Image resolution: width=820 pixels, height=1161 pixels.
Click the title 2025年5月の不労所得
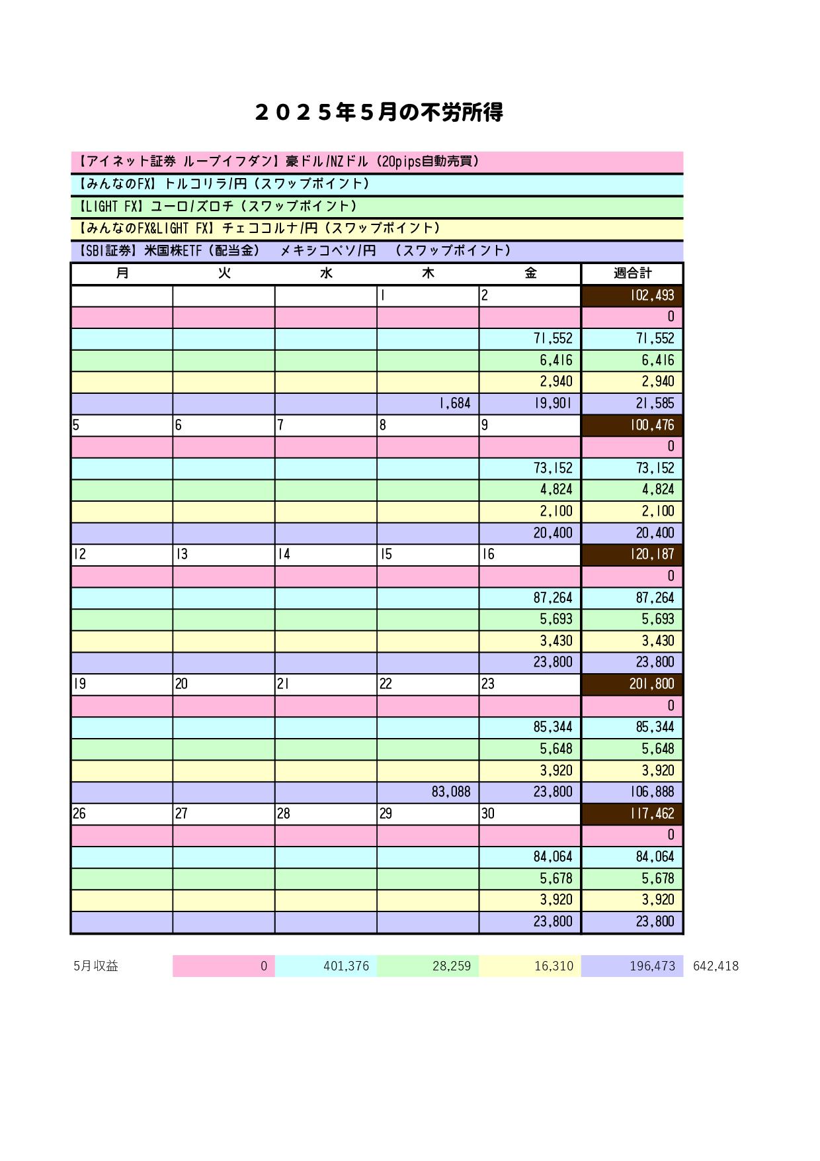(378, 113)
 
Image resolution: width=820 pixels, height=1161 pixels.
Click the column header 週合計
(632, 273)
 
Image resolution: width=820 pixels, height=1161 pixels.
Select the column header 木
(428, 273)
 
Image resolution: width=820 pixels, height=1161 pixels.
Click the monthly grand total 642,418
(716, 966)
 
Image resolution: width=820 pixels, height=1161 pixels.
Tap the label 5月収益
(96, 966)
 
